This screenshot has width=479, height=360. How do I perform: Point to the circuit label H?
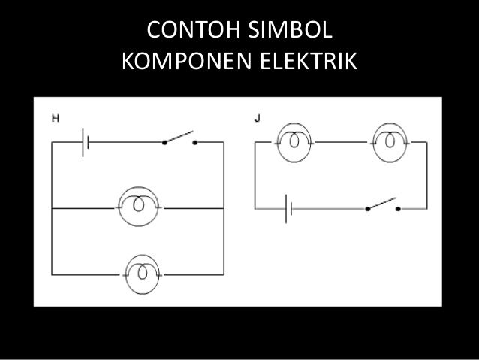[54, 117]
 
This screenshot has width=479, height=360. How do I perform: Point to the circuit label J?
[257, 117]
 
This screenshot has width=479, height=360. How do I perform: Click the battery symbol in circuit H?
[85, 141]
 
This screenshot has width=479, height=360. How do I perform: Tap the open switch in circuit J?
[382, 204]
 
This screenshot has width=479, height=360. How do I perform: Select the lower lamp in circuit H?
[139, 273]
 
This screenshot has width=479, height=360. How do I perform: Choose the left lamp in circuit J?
[291, 141]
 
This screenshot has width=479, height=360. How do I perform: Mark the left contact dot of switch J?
[367, 208]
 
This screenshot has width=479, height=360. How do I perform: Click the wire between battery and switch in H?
[124, 141]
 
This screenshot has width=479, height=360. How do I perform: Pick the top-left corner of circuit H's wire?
[51, 141]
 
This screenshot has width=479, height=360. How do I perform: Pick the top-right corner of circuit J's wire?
[428, 141]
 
